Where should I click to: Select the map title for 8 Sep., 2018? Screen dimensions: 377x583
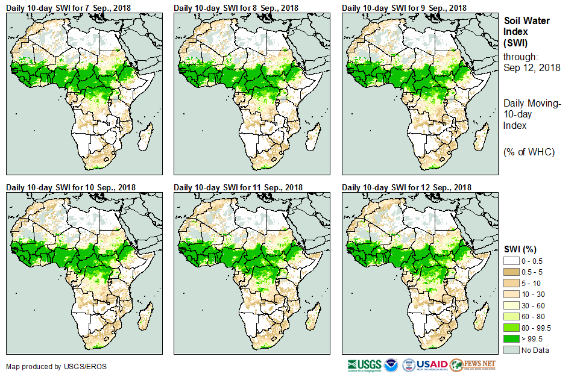[236, 7]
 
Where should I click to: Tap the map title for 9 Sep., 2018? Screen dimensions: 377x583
[404, 7]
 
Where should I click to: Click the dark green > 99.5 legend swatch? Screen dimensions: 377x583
[511, 339]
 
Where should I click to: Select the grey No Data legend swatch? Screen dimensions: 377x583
[511, 350]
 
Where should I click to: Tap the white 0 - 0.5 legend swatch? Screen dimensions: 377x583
[511, 261]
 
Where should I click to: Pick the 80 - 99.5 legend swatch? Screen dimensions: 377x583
[511, 328]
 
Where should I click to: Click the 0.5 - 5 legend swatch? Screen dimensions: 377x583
[511, 272]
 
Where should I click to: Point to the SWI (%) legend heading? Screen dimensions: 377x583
[520, 249]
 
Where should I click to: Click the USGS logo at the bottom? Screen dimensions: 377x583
[364, 365]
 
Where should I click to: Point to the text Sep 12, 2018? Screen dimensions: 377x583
[532, 67]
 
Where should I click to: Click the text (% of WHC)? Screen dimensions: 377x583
[529, 152]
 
